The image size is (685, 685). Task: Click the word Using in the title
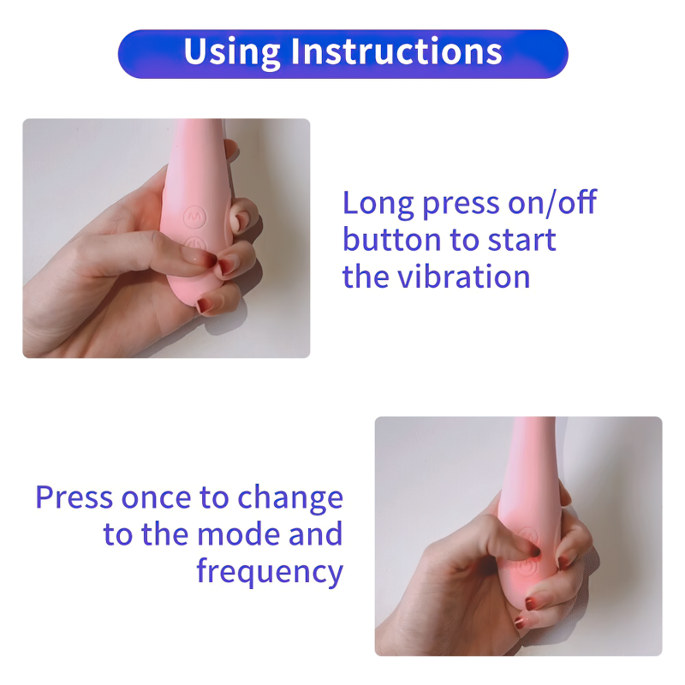point(231,52)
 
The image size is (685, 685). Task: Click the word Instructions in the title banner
point(396,51)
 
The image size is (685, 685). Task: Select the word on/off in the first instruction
point(552,201)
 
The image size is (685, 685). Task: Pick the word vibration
point(463,277)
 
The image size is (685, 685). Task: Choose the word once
point(156,498)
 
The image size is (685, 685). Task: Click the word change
point(290,499)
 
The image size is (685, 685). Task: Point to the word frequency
point(270,572)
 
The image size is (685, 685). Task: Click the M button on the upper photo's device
point(194,217)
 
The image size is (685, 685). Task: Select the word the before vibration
point(366,277)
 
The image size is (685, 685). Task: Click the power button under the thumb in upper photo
point(195,243)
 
